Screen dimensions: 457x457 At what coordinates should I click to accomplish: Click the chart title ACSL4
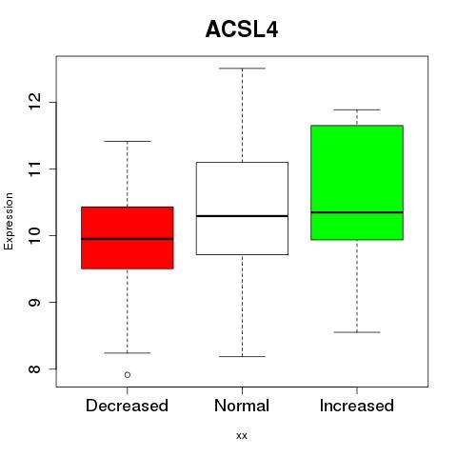242,30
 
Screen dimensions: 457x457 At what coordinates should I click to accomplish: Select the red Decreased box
128,238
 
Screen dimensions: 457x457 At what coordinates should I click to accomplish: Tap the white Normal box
242,209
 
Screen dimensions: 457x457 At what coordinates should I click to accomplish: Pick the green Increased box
357,183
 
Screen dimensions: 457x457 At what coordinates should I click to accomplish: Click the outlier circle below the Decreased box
128,375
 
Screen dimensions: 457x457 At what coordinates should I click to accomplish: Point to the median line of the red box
128,239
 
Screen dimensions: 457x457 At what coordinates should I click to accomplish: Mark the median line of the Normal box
242,216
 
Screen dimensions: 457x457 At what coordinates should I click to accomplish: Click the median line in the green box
357,212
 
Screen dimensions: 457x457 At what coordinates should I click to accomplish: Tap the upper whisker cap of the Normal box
242,69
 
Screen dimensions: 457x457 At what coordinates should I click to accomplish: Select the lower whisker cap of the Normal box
242,356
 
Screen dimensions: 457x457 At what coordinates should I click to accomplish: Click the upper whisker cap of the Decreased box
128,141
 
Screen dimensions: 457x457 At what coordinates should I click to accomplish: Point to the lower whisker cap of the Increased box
357,332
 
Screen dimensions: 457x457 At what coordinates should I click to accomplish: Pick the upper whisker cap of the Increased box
357,109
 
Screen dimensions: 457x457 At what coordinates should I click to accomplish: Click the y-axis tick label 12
34,102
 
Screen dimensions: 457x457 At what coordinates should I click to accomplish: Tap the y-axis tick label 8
34,368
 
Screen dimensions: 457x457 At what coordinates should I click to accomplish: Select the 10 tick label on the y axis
34,235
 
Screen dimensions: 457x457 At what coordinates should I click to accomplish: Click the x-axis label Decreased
127,406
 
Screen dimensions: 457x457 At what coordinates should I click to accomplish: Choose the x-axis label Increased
357,406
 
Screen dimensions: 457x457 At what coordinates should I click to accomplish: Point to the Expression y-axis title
9,221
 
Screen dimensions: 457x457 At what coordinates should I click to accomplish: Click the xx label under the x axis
242,436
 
